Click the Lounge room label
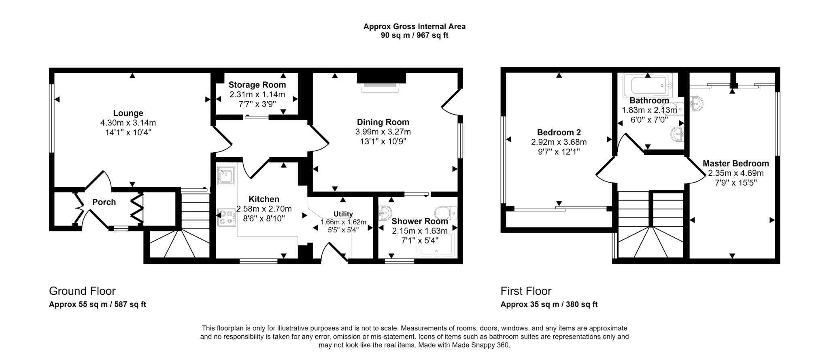[x=128, y=113]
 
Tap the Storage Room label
[x=257, y=85]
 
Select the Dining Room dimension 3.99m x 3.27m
[x=383, y=132]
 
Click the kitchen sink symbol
[x=226, y=175]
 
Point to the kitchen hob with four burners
[x=227, y=217]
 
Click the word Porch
[x=104, y=202]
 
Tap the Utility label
[x=343, y=214]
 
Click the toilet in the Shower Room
[x=446, y=213]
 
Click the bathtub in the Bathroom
[x=648, y=85]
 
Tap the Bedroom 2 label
[x=559, y=132]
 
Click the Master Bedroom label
[x=735, y=164]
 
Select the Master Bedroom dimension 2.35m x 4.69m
[x=735, y=173]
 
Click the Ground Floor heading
[x=82, y=291]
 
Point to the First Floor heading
[x=526, y=291]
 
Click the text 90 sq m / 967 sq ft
[x=414, y=35]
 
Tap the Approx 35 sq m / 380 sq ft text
[x=549, y=305]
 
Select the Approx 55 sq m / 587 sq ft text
[x=98, y=305]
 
